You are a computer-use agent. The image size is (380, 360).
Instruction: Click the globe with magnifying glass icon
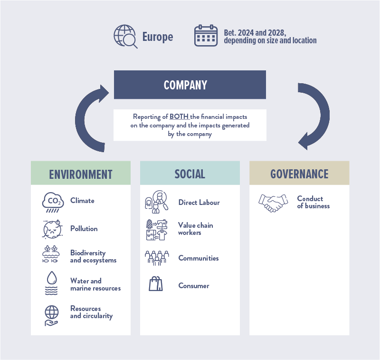(x=125, y=37)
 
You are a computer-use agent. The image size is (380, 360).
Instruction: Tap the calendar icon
(x=206, y=36)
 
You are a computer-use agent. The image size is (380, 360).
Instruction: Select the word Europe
(x=158, y=37)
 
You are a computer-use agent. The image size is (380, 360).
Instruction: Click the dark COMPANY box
(x=190, y=85)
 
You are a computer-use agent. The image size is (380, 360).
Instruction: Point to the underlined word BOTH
(x=179, y=117)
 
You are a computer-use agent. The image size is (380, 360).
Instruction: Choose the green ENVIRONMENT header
(x=81, y=174)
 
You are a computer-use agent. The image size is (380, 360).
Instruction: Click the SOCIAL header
(x=190, y=174)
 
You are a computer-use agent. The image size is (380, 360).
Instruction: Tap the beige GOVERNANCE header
(x=299, y=174)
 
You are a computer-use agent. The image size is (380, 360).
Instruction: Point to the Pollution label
(x=84, y=229)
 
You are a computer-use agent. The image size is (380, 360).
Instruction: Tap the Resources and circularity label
(x=91, y=312)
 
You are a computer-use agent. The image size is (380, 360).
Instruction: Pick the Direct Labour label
(x=199, y=203)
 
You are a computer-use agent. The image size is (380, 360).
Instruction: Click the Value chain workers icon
(x=156, y=229)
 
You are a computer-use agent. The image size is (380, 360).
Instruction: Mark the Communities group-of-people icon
(x=156, y=258)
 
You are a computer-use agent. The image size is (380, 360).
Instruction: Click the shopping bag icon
(x=156, y=285)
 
